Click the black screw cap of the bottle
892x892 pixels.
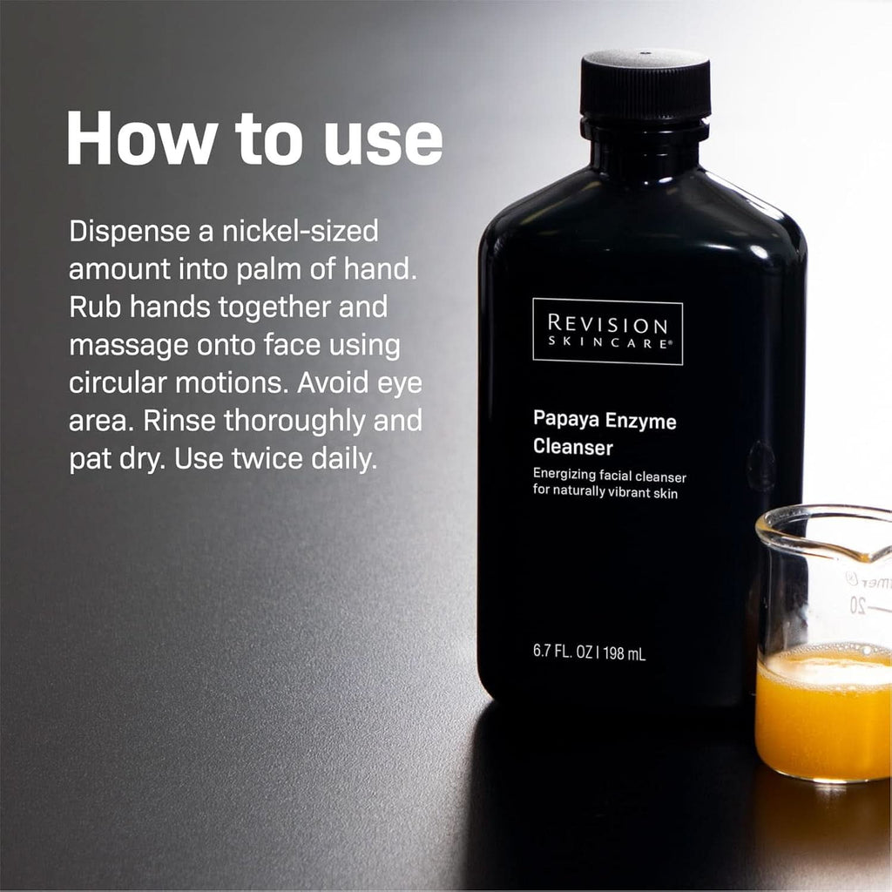(x=645, y=85)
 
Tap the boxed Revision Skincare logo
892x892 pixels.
(x=607, y=331)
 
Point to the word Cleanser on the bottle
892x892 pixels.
(x=573, y=448)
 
